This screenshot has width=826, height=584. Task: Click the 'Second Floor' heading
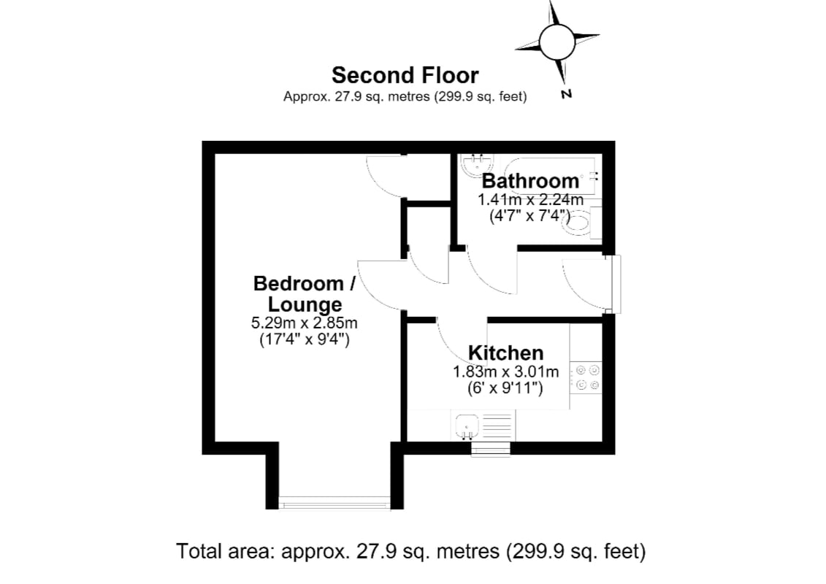click(405, 75)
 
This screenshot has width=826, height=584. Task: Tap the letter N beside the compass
click(566, 94)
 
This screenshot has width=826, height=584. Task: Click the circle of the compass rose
click(557, 42)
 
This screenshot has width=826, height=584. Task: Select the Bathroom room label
click(530, 180)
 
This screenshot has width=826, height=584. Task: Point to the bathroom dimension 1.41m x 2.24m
click(530, 200)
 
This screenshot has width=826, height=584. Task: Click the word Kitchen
click(505, 353)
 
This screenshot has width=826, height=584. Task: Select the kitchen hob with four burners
click(586, 377)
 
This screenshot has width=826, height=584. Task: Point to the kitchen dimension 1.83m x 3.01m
click(505, 372)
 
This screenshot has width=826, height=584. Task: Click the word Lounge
click(305, 304)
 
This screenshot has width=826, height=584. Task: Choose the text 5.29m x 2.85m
click(305, 322)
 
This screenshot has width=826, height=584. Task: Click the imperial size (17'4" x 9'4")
click(305, 339)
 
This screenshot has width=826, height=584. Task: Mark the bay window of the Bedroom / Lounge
click(334, 503)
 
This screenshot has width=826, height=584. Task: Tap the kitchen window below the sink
click(491, 449)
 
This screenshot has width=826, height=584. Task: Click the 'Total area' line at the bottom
click(411, 551)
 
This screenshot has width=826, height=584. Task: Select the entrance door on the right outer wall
click(613, 285)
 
